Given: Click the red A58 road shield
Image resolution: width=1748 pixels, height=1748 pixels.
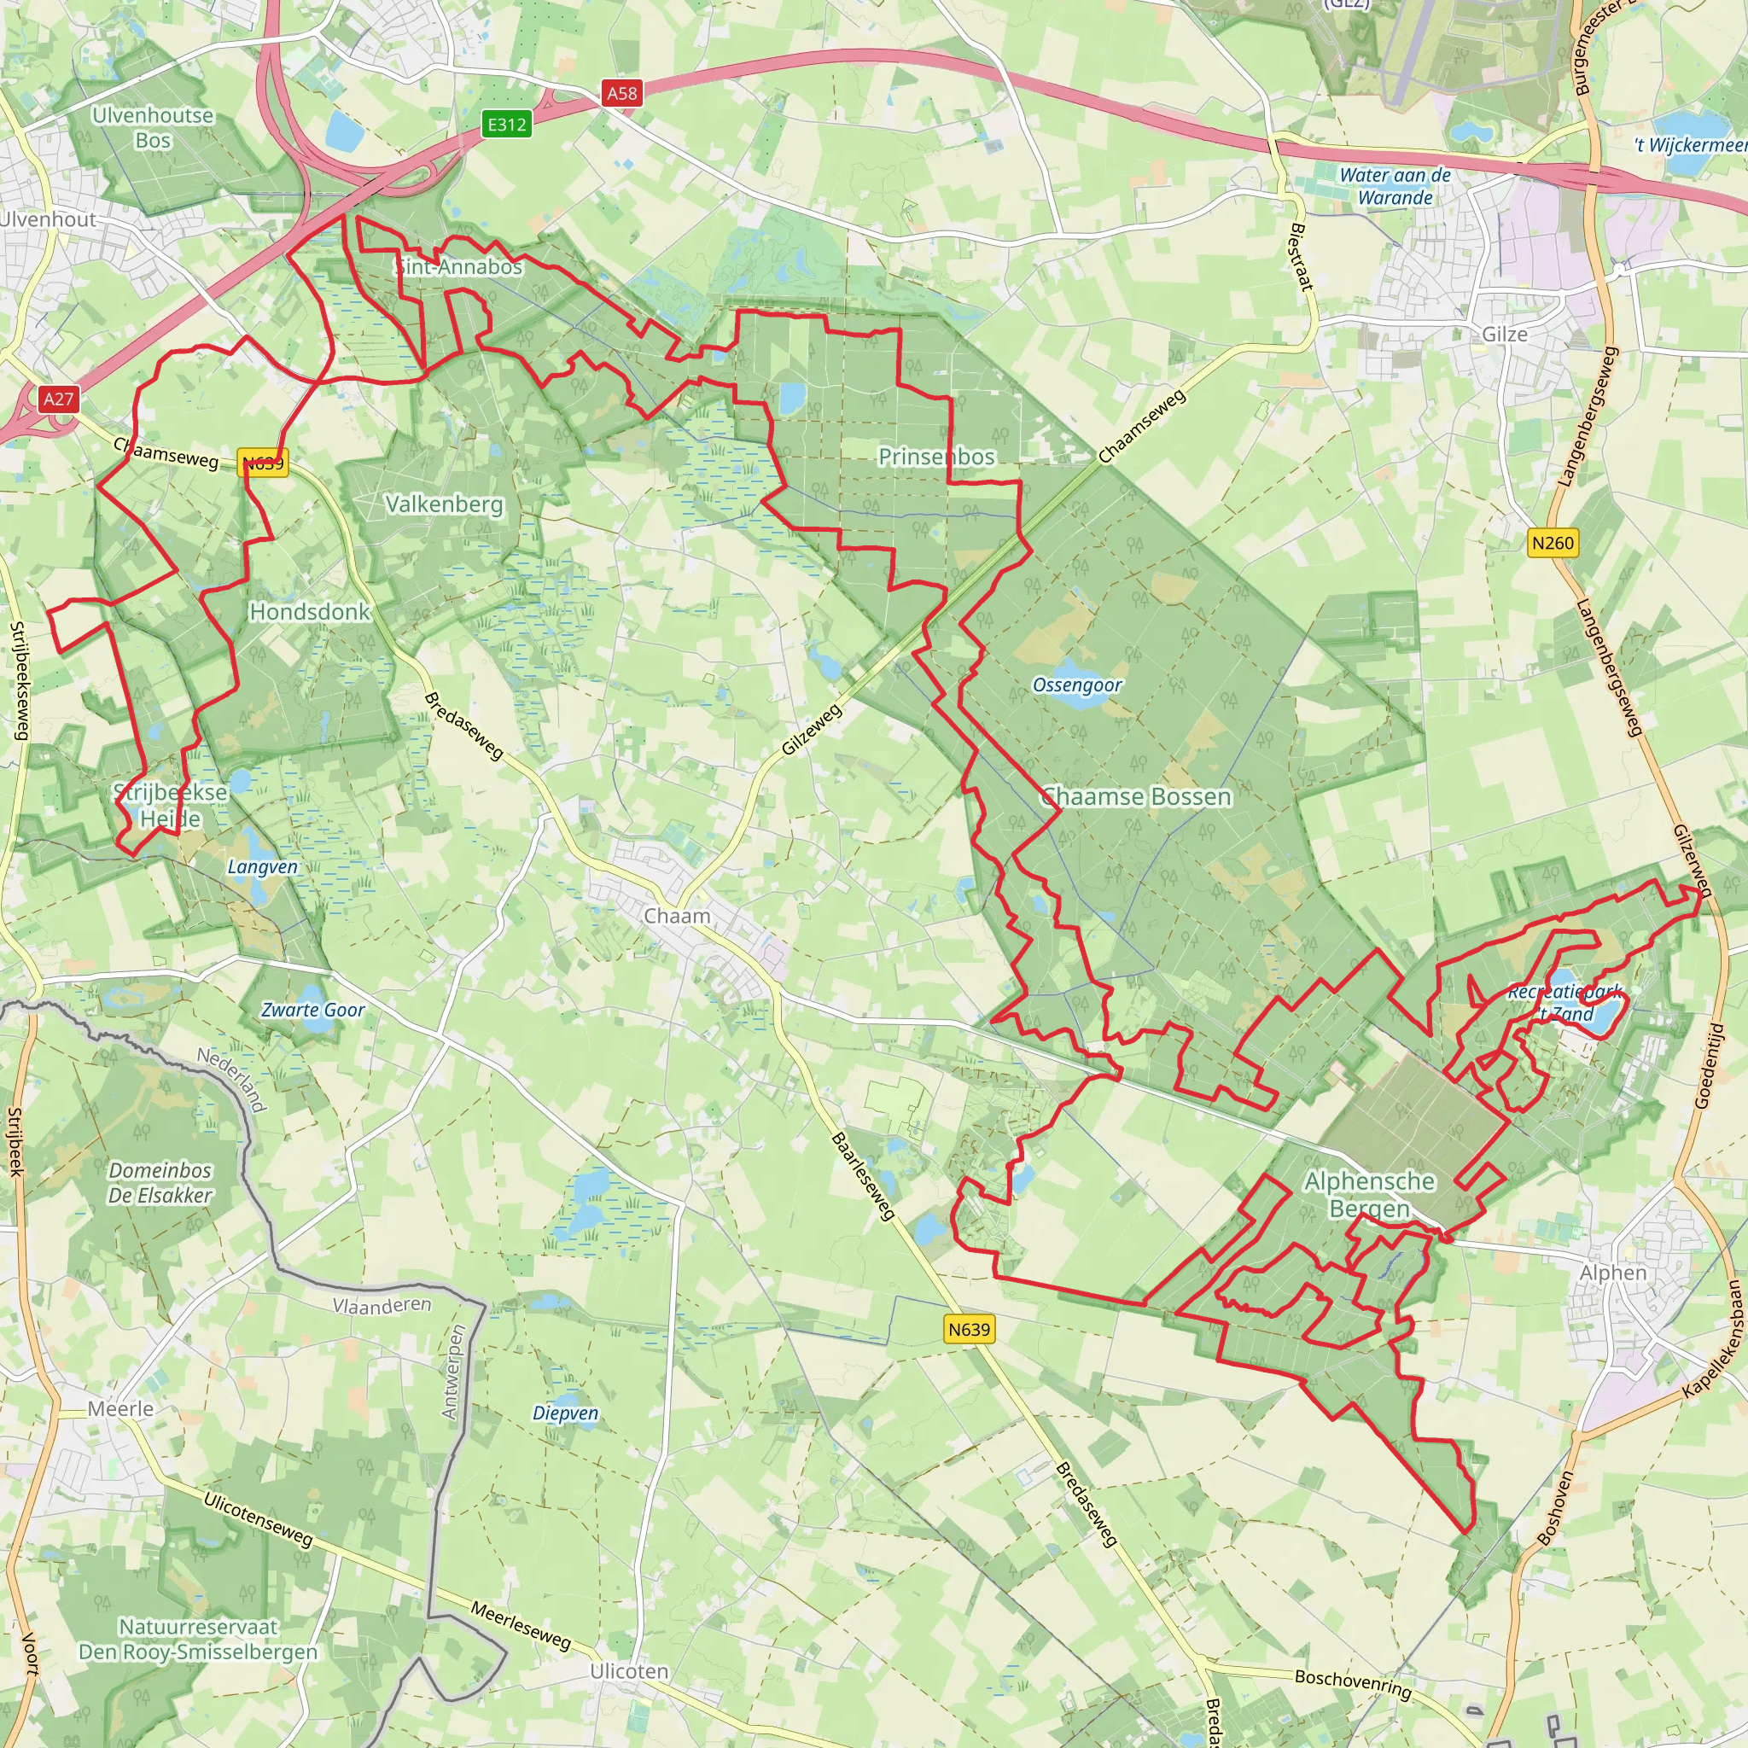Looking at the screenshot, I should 621,92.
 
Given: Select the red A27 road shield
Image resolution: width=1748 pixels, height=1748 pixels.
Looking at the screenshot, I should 59,398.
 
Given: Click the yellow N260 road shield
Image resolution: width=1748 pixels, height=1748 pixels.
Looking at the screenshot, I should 1552,543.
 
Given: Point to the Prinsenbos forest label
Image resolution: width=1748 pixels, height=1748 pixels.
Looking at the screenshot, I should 936,457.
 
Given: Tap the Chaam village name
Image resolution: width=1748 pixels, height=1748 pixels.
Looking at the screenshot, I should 677,916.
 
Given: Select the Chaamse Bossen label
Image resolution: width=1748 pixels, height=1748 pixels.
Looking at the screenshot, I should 1136,797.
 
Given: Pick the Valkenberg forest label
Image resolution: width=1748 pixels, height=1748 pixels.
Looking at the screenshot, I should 444,504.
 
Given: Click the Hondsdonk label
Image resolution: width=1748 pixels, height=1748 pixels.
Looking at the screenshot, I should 310,612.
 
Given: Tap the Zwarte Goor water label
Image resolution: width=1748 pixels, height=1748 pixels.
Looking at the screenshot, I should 313,1010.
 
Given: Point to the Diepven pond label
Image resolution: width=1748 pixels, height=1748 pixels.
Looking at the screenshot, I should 566,1413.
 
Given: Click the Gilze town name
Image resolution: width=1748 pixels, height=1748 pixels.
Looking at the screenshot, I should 1505,334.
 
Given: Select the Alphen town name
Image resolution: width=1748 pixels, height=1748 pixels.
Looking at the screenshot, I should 1613,1272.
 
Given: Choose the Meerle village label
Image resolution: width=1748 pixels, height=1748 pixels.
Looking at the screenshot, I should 120,1408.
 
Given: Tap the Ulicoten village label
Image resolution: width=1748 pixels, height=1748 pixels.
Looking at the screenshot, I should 629,1671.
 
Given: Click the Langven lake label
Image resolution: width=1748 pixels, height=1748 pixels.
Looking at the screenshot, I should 262,867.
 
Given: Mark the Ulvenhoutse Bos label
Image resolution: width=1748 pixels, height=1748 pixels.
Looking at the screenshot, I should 153,127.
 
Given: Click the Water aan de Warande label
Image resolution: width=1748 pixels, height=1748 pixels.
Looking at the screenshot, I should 1395,186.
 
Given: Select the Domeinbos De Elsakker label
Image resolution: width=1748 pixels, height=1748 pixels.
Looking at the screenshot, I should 160,1182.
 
